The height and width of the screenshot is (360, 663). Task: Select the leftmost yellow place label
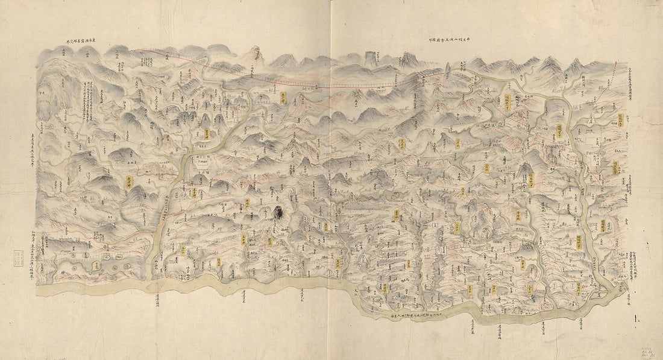[x=128, y=182]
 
